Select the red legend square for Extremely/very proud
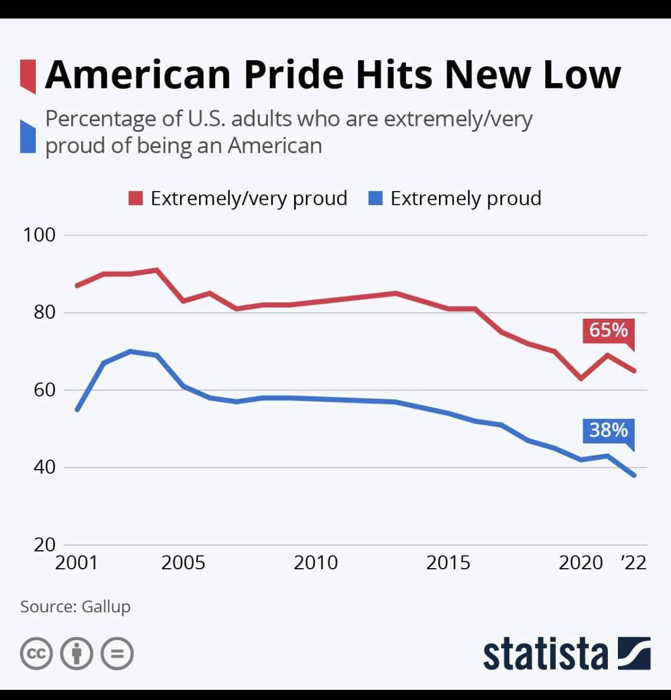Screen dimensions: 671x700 (135, 198)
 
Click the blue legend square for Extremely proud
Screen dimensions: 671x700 (376, 198)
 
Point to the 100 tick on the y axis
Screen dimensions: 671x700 (39, 235)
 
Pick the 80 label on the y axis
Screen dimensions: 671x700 (45, 312)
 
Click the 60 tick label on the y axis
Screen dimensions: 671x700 (45, 390)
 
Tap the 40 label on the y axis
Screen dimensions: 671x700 (45, 467)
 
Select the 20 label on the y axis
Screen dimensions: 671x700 (45, 545)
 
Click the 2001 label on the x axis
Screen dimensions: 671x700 (76, 563)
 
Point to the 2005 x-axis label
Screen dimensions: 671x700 (183, 563)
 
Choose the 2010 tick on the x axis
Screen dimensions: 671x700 (316, 563)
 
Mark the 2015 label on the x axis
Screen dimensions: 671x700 (448, 563)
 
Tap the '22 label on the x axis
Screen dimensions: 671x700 (633, 563)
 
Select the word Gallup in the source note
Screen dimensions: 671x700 (106, 607)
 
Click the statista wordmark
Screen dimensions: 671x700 (546, 654)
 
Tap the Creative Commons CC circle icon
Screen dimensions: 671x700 (36, 653)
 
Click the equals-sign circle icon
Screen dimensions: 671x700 (117, 653)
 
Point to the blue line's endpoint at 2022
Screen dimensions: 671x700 (634, 475)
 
